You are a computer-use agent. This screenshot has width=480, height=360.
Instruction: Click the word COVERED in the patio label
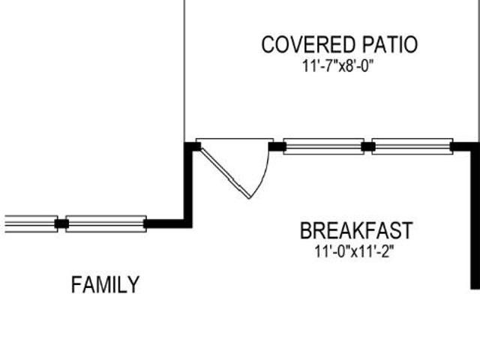coord(310,45)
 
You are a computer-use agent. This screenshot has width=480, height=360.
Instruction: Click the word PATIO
coord(390,45)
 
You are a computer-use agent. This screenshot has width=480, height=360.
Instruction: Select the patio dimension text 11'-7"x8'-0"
coord(338,66)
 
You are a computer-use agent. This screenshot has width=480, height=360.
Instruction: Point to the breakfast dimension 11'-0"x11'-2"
coord(354,252)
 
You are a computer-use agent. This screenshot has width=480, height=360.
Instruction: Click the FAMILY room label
coord(105,285)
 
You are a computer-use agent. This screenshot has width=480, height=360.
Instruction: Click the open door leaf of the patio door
coord(226,173)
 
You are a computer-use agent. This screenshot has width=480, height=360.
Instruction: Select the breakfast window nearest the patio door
coord(323,147)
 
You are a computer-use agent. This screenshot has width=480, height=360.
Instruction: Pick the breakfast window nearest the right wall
coord(412,147)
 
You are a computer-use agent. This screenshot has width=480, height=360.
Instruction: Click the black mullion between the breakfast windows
coord(368,147)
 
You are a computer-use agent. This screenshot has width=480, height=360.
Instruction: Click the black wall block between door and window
coord(277,147)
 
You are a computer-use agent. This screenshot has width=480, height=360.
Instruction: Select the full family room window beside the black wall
coord(106,223)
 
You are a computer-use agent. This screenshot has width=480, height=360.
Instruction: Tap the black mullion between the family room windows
coord(61,223)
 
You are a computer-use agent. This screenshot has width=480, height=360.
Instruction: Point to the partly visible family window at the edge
coord(31,223)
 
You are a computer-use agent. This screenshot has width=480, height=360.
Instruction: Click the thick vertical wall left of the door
coord(188,185)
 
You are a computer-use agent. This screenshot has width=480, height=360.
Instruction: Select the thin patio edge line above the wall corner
coord(184,71)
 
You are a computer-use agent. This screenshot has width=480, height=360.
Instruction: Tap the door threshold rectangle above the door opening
coord(235,140)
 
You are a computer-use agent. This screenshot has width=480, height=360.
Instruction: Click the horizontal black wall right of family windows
coord(168,223)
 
